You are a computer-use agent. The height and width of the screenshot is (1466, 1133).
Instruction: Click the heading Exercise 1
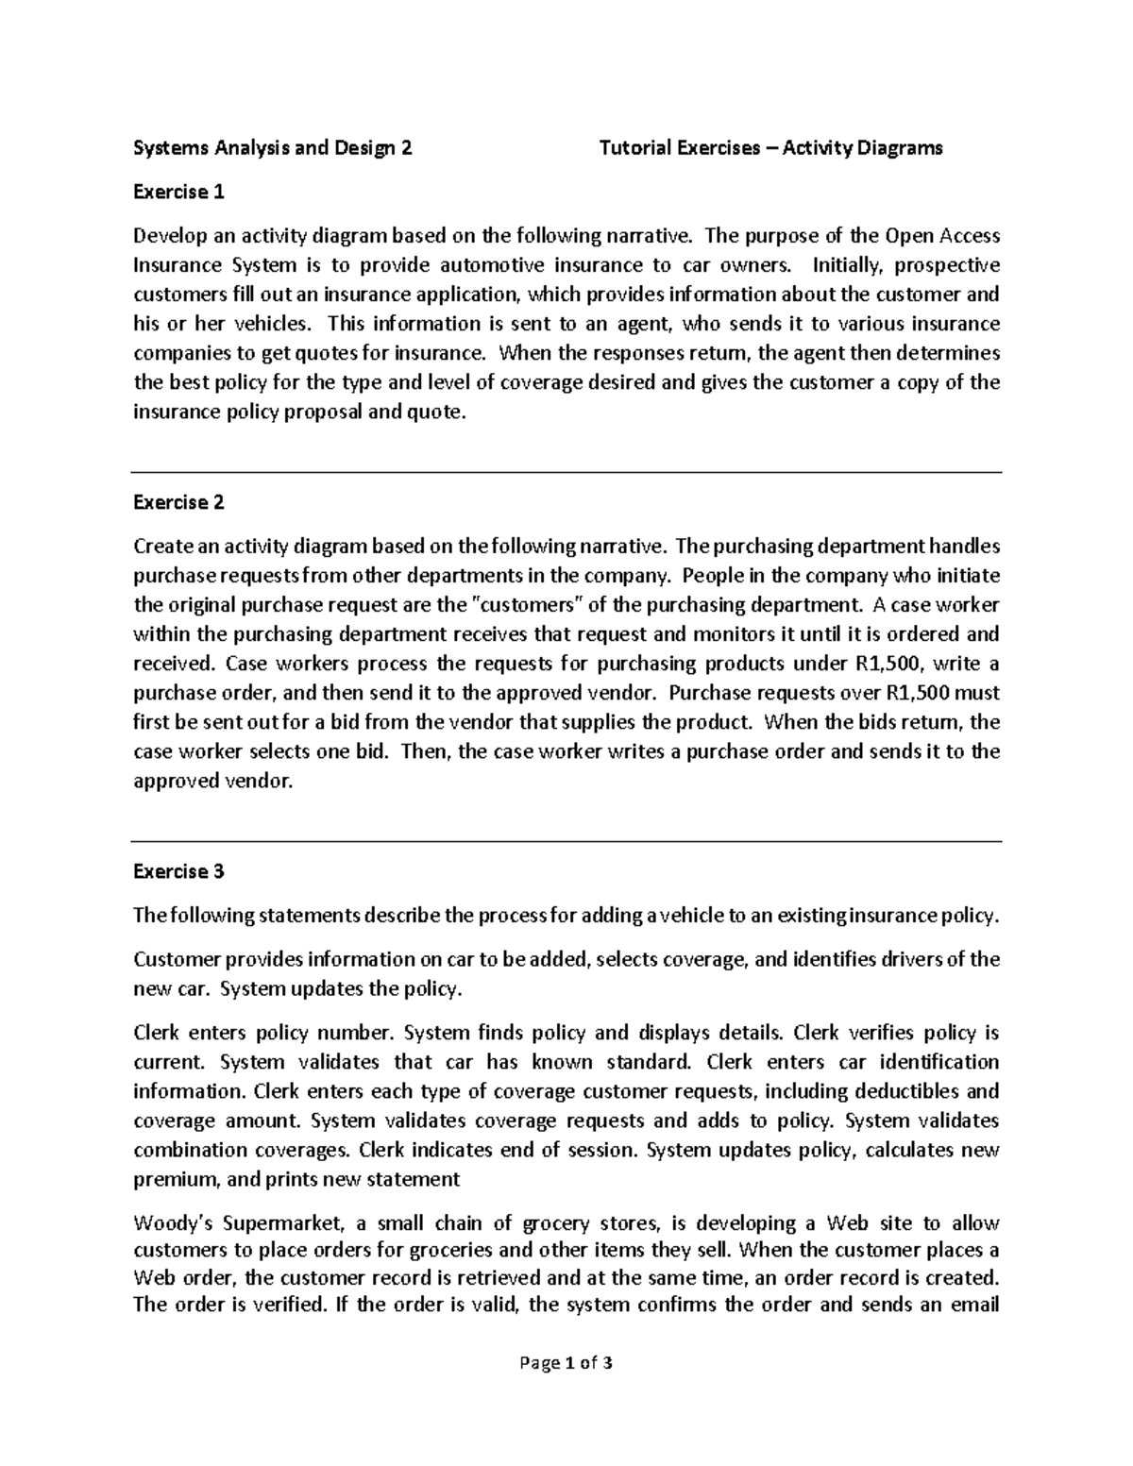[178, 193]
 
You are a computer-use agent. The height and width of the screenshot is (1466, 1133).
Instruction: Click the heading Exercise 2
[178, 502]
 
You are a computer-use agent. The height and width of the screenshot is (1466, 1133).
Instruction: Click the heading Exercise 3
[178, 871]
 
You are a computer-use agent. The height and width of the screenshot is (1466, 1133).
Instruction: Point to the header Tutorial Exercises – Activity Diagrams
[770, 148]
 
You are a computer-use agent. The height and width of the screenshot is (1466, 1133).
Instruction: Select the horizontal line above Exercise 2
[566, 472]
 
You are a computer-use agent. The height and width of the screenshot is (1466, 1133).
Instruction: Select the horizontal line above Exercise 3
[566, 840]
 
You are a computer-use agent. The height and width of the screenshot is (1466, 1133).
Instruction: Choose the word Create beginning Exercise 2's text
[161, 547]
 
